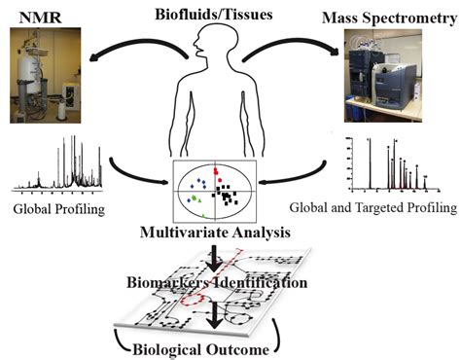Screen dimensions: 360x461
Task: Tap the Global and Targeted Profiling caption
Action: point(374,205)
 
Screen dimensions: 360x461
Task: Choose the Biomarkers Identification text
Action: point(230,283)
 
